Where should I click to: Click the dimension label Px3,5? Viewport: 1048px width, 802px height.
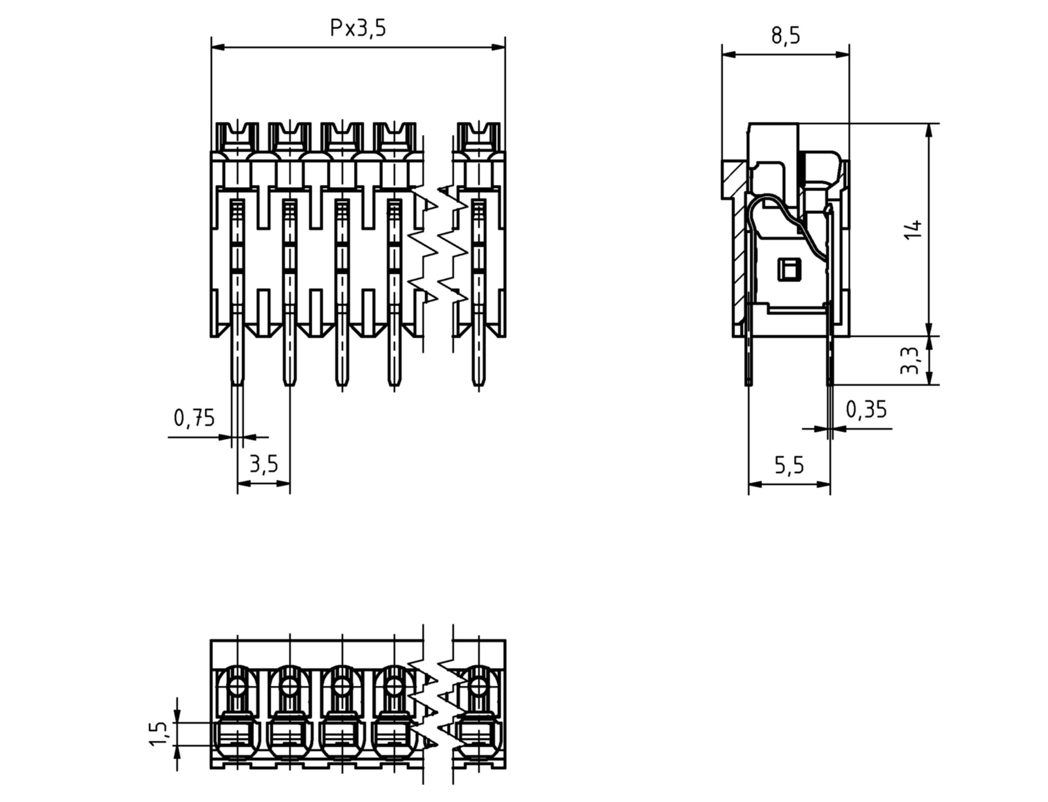(x=358, y=28)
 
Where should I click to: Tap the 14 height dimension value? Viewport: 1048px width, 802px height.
(x=913, y=230)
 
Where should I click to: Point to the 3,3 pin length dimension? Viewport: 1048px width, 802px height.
(x=909, y=361)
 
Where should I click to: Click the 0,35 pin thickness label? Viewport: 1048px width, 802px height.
(x=866, y=410)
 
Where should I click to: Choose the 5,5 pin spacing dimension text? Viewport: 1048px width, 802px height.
(x=789, y=465)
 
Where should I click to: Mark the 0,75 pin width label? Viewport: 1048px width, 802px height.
(x=194, y=418)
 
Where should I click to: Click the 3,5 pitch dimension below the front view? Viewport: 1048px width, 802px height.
(x=263, y=464)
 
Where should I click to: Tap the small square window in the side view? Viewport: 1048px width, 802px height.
(x=789, y=270)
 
